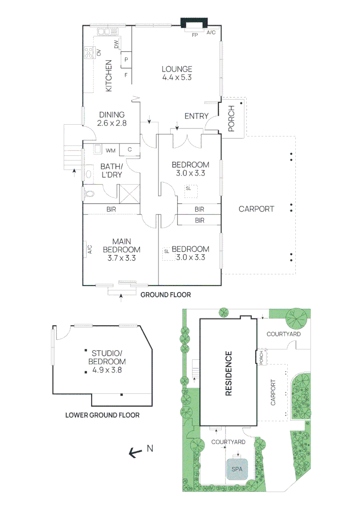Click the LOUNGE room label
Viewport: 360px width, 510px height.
coord(177,69)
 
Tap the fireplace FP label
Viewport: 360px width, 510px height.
coord(194,35)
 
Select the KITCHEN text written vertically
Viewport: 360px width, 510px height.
coord(108,76)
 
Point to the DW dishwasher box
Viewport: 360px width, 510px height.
coord(116,44)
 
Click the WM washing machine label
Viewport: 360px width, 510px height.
coord(110,151)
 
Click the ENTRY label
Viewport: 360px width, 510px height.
coord(196,116)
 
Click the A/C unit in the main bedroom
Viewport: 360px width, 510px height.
coord(89,249)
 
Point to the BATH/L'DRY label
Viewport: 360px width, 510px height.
coord(111,170)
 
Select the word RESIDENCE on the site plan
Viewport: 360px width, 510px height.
coord(228,373)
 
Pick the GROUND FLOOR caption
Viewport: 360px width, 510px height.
coord(165,295)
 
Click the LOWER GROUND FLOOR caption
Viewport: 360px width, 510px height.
coord(102,416)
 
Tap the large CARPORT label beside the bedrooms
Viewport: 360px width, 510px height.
coord(256,209)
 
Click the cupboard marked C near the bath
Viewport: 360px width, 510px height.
coord(129,150)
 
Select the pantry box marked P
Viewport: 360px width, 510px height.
coord(126,60)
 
